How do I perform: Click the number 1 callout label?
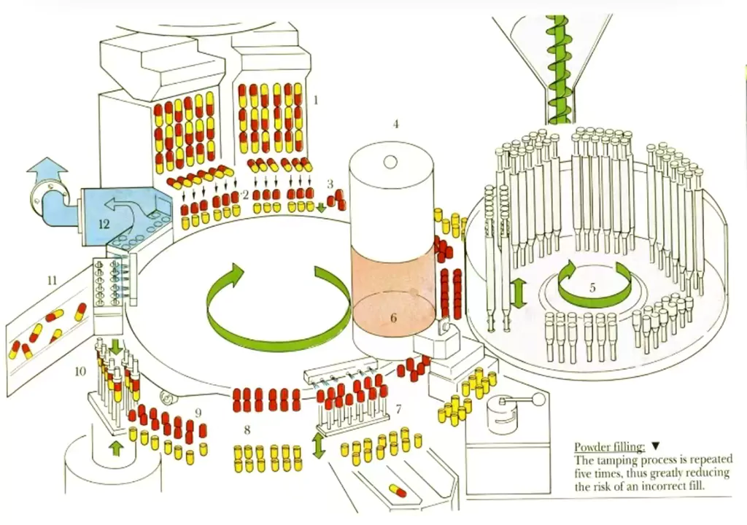coord(316,99)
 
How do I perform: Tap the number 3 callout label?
coord(330,184)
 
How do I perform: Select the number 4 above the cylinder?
coord(395,124)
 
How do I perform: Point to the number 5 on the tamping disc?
coord(592,287)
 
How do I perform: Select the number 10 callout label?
coord(80,372)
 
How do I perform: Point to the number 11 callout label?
coord(51,279)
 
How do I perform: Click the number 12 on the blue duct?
coord(104,224)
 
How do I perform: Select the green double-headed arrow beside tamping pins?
coord(518,293)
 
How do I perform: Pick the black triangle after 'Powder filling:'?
coord(655,446)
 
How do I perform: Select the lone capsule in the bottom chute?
coord(397,490)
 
